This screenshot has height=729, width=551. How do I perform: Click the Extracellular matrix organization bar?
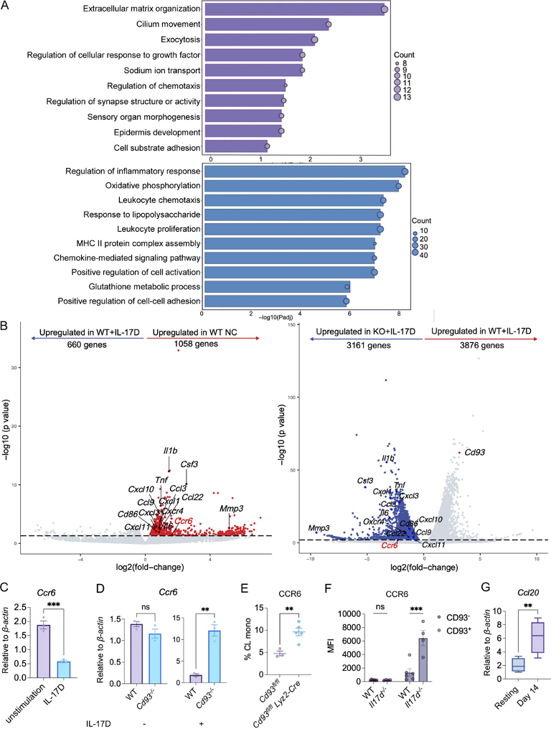point(294,9)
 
